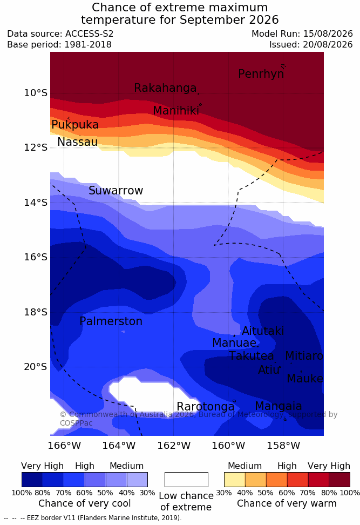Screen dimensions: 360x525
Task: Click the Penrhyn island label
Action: point(261,73)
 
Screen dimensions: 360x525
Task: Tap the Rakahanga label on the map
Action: point(165,87)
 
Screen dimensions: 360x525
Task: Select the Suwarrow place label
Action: point(116,190)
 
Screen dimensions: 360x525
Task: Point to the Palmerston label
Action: point(111,321)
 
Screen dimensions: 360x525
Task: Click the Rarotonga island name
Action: point(206,407)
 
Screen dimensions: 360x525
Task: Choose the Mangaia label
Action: point(279,406)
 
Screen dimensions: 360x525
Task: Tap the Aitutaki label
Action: point(263,331)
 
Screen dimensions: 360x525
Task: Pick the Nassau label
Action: point(78,142)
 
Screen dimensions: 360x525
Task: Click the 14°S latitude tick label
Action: point(36,202)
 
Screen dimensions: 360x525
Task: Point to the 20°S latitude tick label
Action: point(36,367)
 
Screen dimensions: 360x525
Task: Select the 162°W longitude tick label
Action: point(174,446)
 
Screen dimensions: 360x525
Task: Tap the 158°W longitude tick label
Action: point(283,446)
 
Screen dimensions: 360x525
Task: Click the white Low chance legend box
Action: point(186,480)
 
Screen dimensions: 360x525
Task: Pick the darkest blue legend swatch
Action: point(32,480)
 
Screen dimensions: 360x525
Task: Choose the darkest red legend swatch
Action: point(339,480)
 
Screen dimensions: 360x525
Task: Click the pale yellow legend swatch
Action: point(235,480)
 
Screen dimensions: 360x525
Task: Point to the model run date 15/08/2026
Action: point(328,34)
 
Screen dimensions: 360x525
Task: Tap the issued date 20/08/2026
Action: point(328,44)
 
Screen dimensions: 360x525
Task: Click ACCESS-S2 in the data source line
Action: point(90,34)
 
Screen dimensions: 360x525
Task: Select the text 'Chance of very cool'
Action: point(85,503)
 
